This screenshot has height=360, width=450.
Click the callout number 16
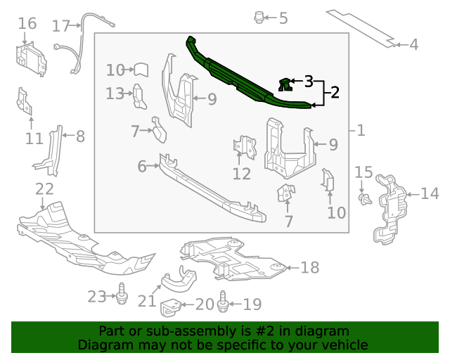tap(27, 24)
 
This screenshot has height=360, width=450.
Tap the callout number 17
tap(61, 26)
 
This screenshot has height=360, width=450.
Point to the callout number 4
tap(413, 45)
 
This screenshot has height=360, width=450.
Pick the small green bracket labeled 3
tap(284, 85)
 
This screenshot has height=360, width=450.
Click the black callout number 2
tap(335, 93)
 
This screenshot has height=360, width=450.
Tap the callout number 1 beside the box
tap(361, 130)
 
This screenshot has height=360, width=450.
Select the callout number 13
tap(115, 93)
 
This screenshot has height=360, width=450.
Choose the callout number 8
tap(80, 136)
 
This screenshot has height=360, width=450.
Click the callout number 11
tap(34, 139)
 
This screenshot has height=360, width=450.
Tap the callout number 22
tap(44, 188)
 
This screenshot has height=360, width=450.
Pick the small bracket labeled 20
tap(170, 308)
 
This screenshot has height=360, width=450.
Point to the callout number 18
tap(309, 267)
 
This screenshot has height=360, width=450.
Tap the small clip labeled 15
tap(364, 200)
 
